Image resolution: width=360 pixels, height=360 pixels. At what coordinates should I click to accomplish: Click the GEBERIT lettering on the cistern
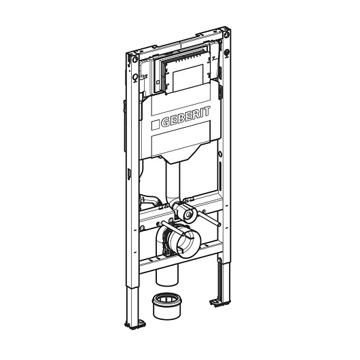(x=185, y=117)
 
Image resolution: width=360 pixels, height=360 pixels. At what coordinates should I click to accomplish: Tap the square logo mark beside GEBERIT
(x=155, y=124)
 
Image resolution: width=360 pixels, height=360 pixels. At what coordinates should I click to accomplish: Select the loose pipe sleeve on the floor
(x=166, y=306)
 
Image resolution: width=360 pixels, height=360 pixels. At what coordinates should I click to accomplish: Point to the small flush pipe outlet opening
(x=189, y=214)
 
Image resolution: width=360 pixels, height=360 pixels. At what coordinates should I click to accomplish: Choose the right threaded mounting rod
(x=209, y=217)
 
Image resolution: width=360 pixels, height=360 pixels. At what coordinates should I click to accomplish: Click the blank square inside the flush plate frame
(x=187, y=77)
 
